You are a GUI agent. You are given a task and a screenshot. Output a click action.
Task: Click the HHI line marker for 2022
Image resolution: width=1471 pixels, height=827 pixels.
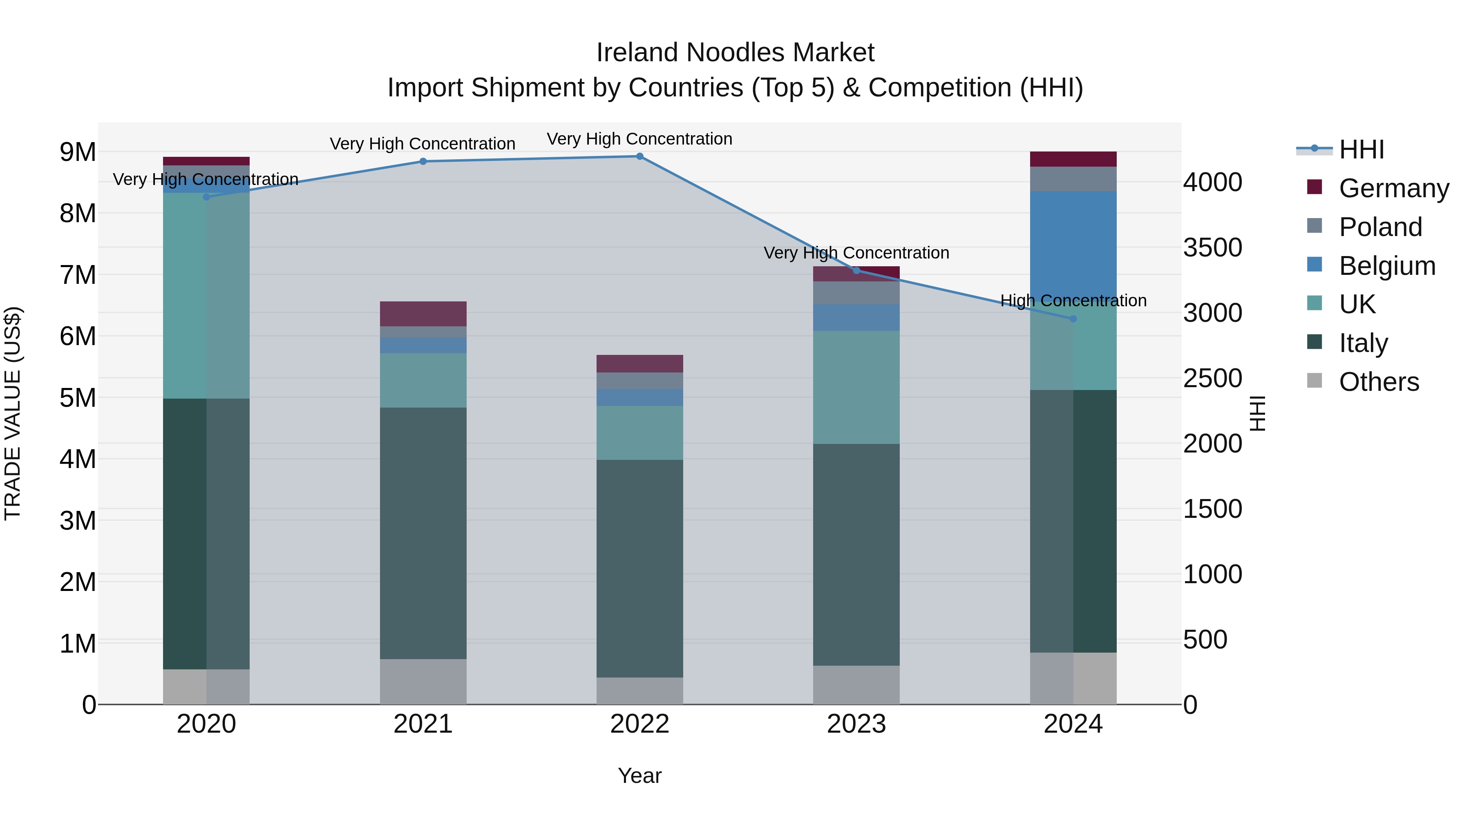coord(639,156)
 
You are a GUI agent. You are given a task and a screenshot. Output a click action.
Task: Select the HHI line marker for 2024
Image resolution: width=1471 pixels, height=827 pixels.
coord(1073,319)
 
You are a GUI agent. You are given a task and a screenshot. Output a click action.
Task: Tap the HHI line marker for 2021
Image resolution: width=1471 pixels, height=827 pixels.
coord(423,161)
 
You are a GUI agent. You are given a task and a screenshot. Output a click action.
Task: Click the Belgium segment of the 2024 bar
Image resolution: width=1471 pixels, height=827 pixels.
coord(1073,243)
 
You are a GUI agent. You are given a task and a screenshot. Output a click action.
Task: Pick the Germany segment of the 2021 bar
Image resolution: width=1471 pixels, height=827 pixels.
coord(423,314)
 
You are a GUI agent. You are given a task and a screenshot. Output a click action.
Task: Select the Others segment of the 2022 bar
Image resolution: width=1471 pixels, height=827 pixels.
coord(639,691)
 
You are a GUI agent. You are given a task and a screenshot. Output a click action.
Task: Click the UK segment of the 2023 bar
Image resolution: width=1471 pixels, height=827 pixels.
coord(856,387)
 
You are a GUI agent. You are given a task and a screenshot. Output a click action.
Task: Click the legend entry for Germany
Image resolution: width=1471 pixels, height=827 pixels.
coord(1393,188)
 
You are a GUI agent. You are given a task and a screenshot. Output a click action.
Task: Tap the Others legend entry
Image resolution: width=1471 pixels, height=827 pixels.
coord(1379,382)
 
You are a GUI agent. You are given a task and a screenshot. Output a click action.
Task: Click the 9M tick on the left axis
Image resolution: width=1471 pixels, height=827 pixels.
coord(78,152)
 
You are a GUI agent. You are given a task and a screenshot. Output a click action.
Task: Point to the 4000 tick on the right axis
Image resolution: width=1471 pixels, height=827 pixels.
coord(1212,182)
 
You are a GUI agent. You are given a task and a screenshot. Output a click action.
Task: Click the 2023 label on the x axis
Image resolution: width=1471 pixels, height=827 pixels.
coord(856,724)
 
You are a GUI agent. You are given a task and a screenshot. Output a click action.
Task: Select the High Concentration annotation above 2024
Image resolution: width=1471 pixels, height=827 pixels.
coord(1073,300)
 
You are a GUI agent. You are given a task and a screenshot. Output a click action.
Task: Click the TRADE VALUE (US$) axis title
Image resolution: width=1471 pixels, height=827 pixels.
coord(13,413)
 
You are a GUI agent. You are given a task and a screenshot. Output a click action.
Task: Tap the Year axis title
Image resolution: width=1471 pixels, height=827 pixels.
coord(639,776)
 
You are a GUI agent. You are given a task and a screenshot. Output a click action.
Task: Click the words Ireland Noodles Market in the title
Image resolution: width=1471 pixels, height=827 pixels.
coord(735,53)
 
